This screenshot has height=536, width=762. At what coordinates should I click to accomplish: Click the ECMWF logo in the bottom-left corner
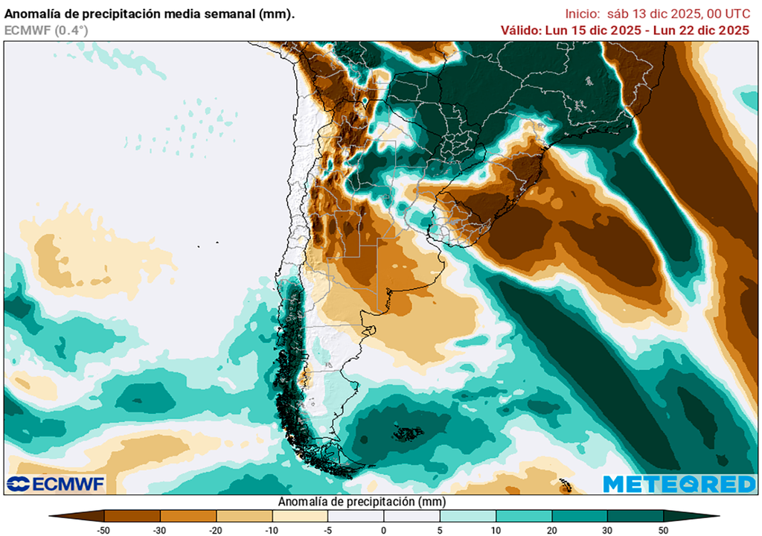point(57,484)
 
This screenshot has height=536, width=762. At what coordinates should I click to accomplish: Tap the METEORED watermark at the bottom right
point(679,484)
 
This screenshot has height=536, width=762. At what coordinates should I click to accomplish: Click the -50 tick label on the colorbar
point(105,529)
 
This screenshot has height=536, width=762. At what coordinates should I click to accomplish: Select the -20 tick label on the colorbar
point(217,529)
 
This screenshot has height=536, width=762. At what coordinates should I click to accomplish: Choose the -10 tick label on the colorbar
point(272,529)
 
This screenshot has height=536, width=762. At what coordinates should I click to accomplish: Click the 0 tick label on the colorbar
point(384,529)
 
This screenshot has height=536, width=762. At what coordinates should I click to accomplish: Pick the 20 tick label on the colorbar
point(551,529)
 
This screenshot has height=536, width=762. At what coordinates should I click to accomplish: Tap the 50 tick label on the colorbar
point(663,529)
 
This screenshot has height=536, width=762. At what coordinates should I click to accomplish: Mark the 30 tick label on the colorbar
point(607,529)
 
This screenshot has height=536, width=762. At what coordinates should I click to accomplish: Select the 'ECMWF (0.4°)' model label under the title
point(35,30)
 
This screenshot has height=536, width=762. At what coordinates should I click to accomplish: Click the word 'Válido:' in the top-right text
point(525,30)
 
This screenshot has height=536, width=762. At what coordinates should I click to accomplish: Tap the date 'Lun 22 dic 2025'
point(703,30)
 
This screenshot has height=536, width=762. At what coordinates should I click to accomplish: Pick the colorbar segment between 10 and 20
point(523,515)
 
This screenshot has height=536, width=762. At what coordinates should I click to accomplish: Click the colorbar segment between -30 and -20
point(188,515)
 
